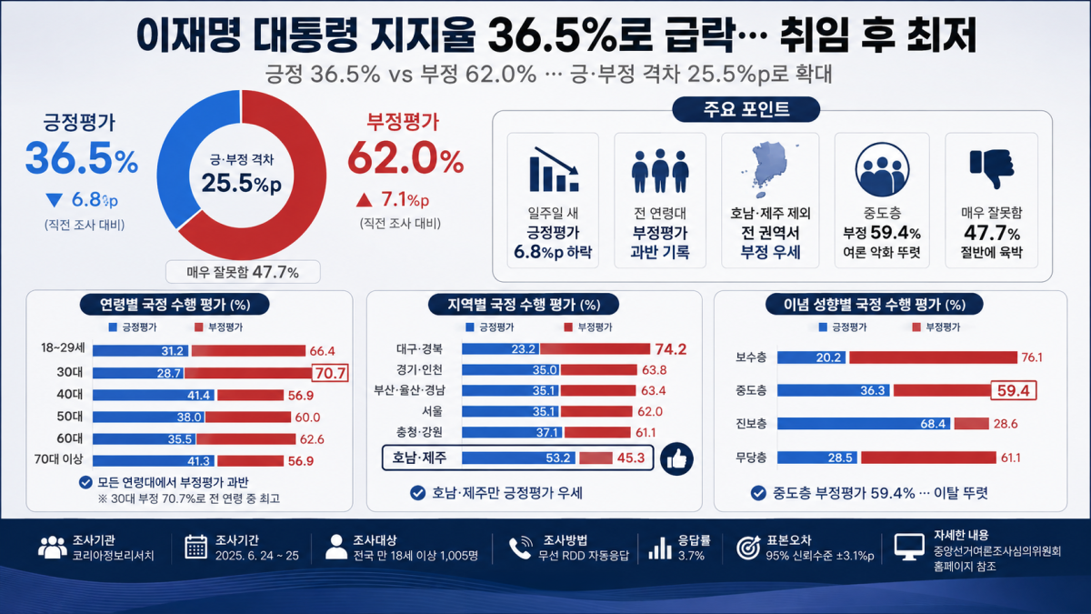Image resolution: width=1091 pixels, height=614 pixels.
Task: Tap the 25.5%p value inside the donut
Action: [x=242, y=183]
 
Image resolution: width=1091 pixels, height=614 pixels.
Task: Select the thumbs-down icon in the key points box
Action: [x=992, y=168]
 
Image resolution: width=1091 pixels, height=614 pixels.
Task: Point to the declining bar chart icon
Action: [x=554, y=168]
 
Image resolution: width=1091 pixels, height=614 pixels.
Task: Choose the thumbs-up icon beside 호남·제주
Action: [x=676, y=458]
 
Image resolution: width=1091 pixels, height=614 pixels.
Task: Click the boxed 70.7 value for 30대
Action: [x=330, y=373]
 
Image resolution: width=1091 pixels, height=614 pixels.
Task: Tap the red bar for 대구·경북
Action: [x=595, y=349]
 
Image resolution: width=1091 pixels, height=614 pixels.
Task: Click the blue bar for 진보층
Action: [x=864, y=424]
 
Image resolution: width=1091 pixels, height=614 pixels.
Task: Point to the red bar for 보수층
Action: [x=933, y=357]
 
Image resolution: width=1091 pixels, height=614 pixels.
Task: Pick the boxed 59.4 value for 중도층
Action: [x=1013, y=390]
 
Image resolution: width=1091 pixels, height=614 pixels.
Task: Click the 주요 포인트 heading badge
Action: [x=746, y=109]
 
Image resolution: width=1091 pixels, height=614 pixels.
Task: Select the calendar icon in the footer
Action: [x=196, y=547]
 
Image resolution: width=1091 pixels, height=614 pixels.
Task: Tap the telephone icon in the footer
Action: [x=520, y=548]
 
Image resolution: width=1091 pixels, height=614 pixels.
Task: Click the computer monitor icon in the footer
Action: [x=909, y=548]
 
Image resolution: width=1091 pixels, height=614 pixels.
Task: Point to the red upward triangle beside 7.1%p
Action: [x=364, y=200]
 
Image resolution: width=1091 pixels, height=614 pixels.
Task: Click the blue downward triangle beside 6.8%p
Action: [x=54, y=200]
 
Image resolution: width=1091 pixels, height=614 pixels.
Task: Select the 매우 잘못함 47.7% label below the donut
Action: [x=243, y=272]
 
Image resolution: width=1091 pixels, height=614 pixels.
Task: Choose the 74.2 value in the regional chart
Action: [x=671, y=349]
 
